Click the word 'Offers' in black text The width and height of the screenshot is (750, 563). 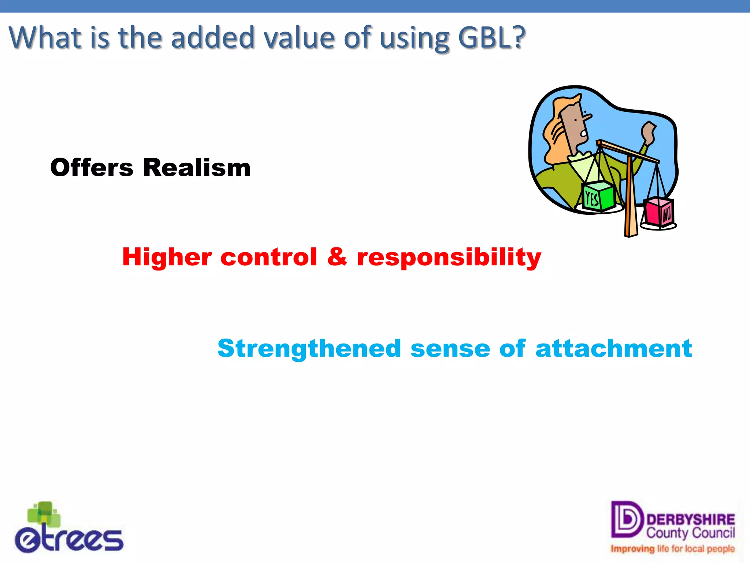coord(92,168)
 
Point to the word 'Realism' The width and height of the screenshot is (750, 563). coord(197,168)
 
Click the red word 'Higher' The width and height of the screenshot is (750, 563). coord(167,257)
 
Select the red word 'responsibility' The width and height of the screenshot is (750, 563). coord(449,258)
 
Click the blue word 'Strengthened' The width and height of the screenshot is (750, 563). coord(309,349)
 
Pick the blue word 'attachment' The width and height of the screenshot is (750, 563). coord(613,349)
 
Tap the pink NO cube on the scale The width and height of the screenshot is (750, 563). coord(659,212)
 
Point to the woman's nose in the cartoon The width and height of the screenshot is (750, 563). coord(587,117)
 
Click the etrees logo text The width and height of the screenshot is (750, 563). coord(70,540)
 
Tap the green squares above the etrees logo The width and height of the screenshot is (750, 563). coord(44,513)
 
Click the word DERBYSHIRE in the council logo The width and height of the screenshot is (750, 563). coord(690,520)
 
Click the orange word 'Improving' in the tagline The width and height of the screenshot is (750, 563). coord(632,549)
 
